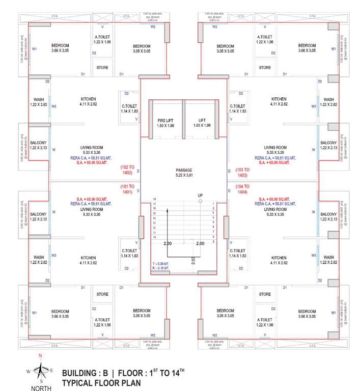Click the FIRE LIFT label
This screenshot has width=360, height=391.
(x=165, y=121)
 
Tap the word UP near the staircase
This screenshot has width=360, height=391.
(x=200, y=195)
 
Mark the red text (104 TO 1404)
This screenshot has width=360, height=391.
(x=243, y=189)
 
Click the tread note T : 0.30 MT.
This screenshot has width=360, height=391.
(x=161, y=263)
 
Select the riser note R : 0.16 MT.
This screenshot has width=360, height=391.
(x=161, y=268)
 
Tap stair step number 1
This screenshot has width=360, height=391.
(x=212, y=203)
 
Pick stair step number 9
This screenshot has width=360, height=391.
(x=212, y=241)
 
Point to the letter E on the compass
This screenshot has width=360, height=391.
(x=51, y=370)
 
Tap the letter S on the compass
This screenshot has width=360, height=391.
(x=41, y=381)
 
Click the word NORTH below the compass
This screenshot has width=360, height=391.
(x=41, y=388)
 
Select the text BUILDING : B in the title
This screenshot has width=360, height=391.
(x=86, y=373)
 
